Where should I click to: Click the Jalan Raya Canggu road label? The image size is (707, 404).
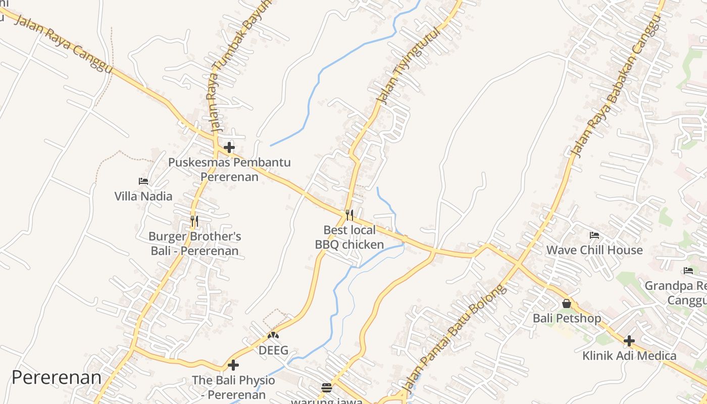click(63, 44)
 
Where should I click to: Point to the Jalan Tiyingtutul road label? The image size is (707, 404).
click(410, 66)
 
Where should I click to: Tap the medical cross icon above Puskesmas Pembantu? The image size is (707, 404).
click(229, 147)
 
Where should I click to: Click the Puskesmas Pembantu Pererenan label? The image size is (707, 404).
click(229, 170)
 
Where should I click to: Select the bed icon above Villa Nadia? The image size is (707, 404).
click(143, 181)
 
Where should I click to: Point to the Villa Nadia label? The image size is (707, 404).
click(143, 196)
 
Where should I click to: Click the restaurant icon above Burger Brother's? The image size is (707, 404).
click(194, 221)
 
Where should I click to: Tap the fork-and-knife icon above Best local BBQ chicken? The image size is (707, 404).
click(349, 215)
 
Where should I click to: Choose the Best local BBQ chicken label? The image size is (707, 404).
click(349, 237)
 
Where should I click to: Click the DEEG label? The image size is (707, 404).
click(273, 350)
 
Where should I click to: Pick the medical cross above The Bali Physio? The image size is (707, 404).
click(233, 365)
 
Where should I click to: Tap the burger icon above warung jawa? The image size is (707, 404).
click(327, 388)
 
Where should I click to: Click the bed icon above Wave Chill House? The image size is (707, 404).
click(594, 235)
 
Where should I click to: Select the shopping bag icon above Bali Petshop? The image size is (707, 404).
click(567, 304)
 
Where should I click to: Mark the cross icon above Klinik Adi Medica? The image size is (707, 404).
click(629, 341)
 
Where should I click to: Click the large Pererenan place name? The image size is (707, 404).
click(57, 377)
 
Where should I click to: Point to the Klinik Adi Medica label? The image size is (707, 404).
click(629, 356)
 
